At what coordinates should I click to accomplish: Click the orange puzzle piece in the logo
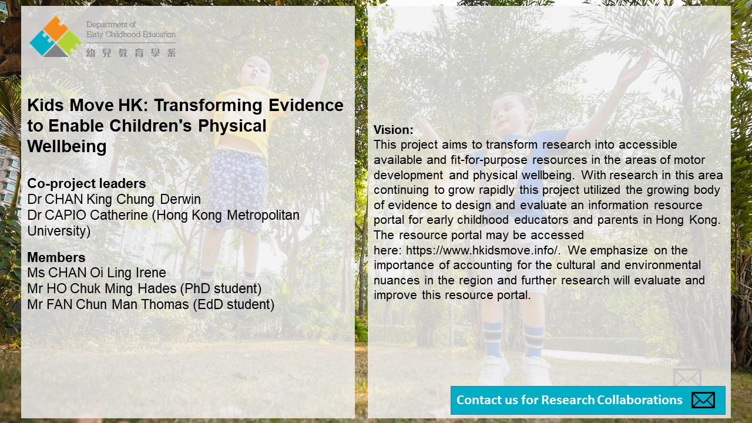tap(55, 28)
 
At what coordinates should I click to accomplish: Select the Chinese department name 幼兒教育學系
tap(131, 53)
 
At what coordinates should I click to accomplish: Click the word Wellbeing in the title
tap(67, 147)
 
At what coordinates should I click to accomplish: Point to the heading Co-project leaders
tap(86, 184)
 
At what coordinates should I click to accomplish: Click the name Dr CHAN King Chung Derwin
tap(114, 199)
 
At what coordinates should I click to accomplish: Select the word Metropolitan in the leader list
tap(263, 215)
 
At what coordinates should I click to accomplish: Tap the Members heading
tap(56, 257)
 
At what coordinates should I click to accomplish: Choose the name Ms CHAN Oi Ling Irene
tap(97, 273)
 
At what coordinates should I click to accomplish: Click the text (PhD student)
tap(220, 288)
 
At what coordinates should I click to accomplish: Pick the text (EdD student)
tap(234, 304)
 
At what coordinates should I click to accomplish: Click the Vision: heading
tap(394, 130)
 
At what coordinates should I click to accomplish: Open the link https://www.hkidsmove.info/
tap(483, 250)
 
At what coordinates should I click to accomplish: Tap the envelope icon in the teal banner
tap(703, 400)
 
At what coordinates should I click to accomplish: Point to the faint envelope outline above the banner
tap(687, 377)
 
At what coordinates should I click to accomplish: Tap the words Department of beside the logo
tap(111, 25)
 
